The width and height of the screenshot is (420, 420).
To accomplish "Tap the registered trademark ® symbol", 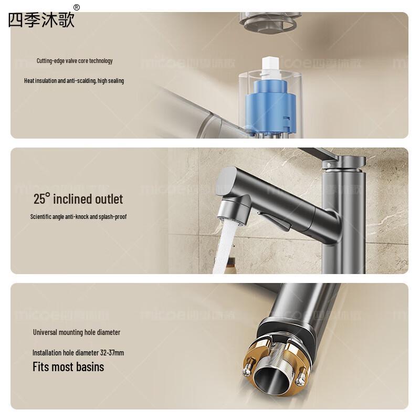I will (77, 7).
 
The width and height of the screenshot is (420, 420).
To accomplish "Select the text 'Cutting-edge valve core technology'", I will (75, 61).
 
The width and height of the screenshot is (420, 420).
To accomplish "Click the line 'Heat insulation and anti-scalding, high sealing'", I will (74, 81).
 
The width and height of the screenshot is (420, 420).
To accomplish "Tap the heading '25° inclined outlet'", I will (78, 199).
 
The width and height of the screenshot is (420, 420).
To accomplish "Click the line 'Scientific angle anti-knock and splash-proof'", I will (78, 216).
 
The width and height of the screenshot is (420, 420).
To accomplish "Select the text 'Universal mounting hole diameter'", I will (77, 332).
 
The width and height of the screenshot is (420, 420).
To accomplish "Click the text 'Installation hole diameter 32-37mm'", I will (78, 353).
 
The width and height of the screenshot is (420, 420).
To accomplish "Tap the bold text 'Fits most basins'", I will (68, 367).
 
